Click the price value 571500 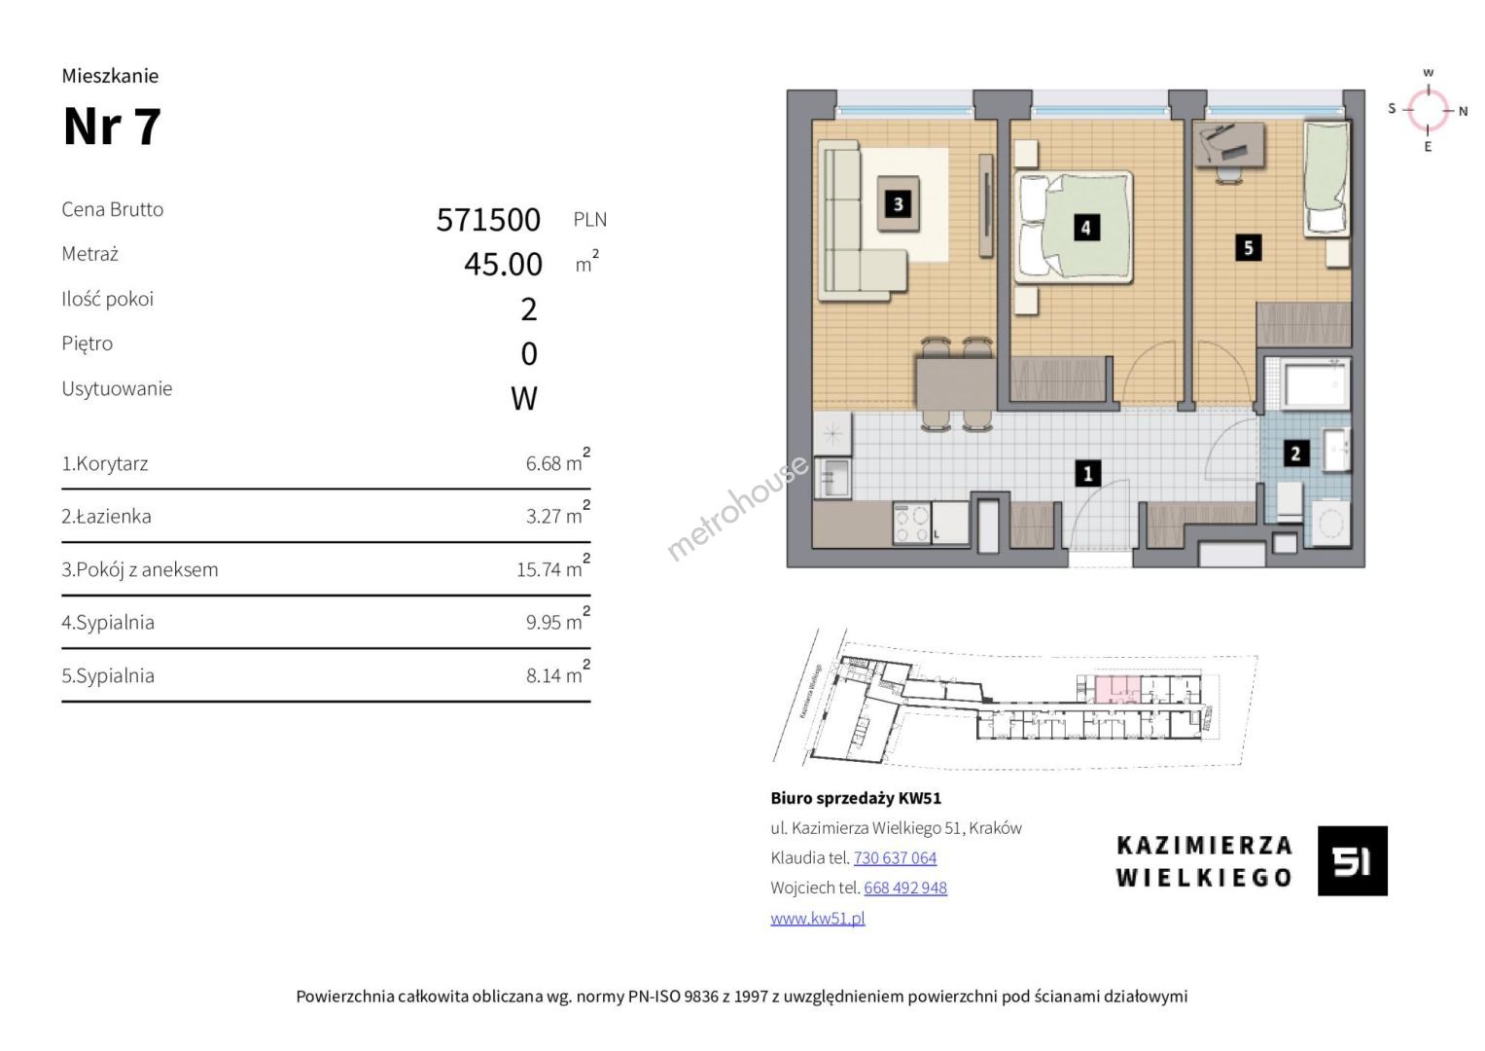point(488,220)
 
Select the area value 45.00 point(503,264)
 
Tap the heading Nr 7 point(112,127)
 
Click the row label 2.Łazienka point(106,516)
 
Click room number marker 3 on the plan point(899,203)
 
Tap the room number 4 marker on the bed point(1086,229)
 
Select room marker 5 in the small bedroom point(1249,248)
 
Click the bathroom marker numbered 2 point(1295,453)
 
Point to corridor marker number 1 point(1088,474)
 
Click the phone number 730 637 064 point(895,858)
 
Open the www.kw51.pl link point(818,919)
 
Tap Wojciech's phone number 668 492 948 point(905,888)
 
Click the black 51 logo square point(1353,860)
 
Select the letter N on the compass point(1464,112)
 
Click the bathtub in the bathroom point(1316,383)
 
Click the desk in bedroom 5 point(1230,145)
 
